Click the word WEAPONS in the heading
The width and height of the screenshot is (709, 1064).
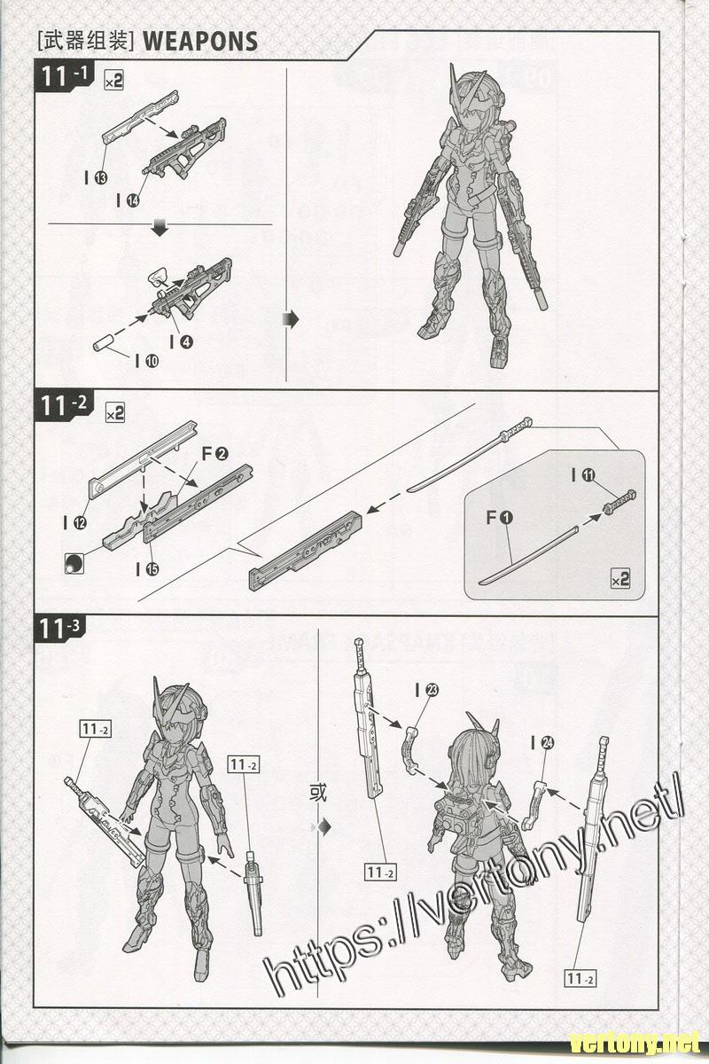(x=199, y=41)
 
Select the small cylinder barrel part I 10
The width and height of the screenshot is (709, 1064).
(x=105, y=341)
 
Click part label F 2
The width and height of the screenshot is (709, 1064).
(x=215, y=454)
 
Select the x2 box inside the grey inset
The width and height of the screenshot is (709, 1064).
(x=619, y=580)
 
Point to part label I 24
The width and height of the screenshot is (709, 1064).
(x=541, y=744)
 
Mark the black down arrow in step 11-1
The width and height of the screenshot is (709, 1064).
(x=160, y=231)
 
